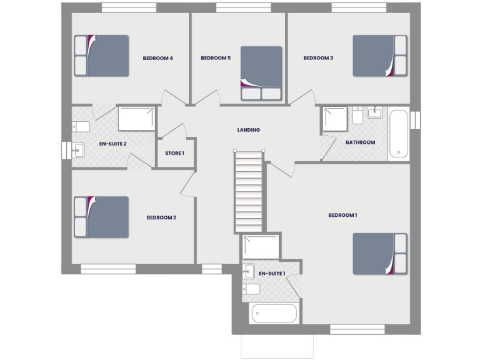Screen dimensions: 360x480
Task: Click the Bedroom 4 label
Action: pyautogui.click(x=157, y=58)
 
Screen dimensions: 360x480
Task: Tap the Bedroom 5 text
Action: pyautogui.click(x=216, y=58)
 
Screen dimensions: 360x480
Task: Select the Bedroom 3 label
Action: pyautogui.click(x=318, y=58)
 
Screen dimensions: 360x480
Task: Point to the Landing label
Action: pyautogui.click(x=248, y=130)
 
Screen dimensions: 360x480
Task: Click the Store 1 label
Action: pyautogui.click(x=174, y=153)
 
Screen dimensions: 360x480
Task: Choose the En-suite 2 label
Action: pyautogui.click(x=113, y=143)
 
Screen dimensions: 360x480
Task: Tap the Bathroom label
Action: pyautogui.click(x=361, y=142)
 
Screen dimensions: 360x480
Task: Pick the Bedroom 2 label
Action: pyautogui.click(x=161, y=217)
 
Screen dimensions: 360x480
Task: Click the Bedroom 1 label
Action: pyautogui.click(x=342, y=215)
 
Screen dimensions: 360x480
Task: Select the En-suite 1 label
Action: pyautogui.click(x=272, y=273)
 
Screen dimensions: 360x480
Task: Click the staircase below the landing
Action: pyautogui.click(x=248, y=191)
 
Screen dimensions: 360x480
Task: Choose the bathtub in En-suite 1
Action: pyautogui.click(x=275, y=312)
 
